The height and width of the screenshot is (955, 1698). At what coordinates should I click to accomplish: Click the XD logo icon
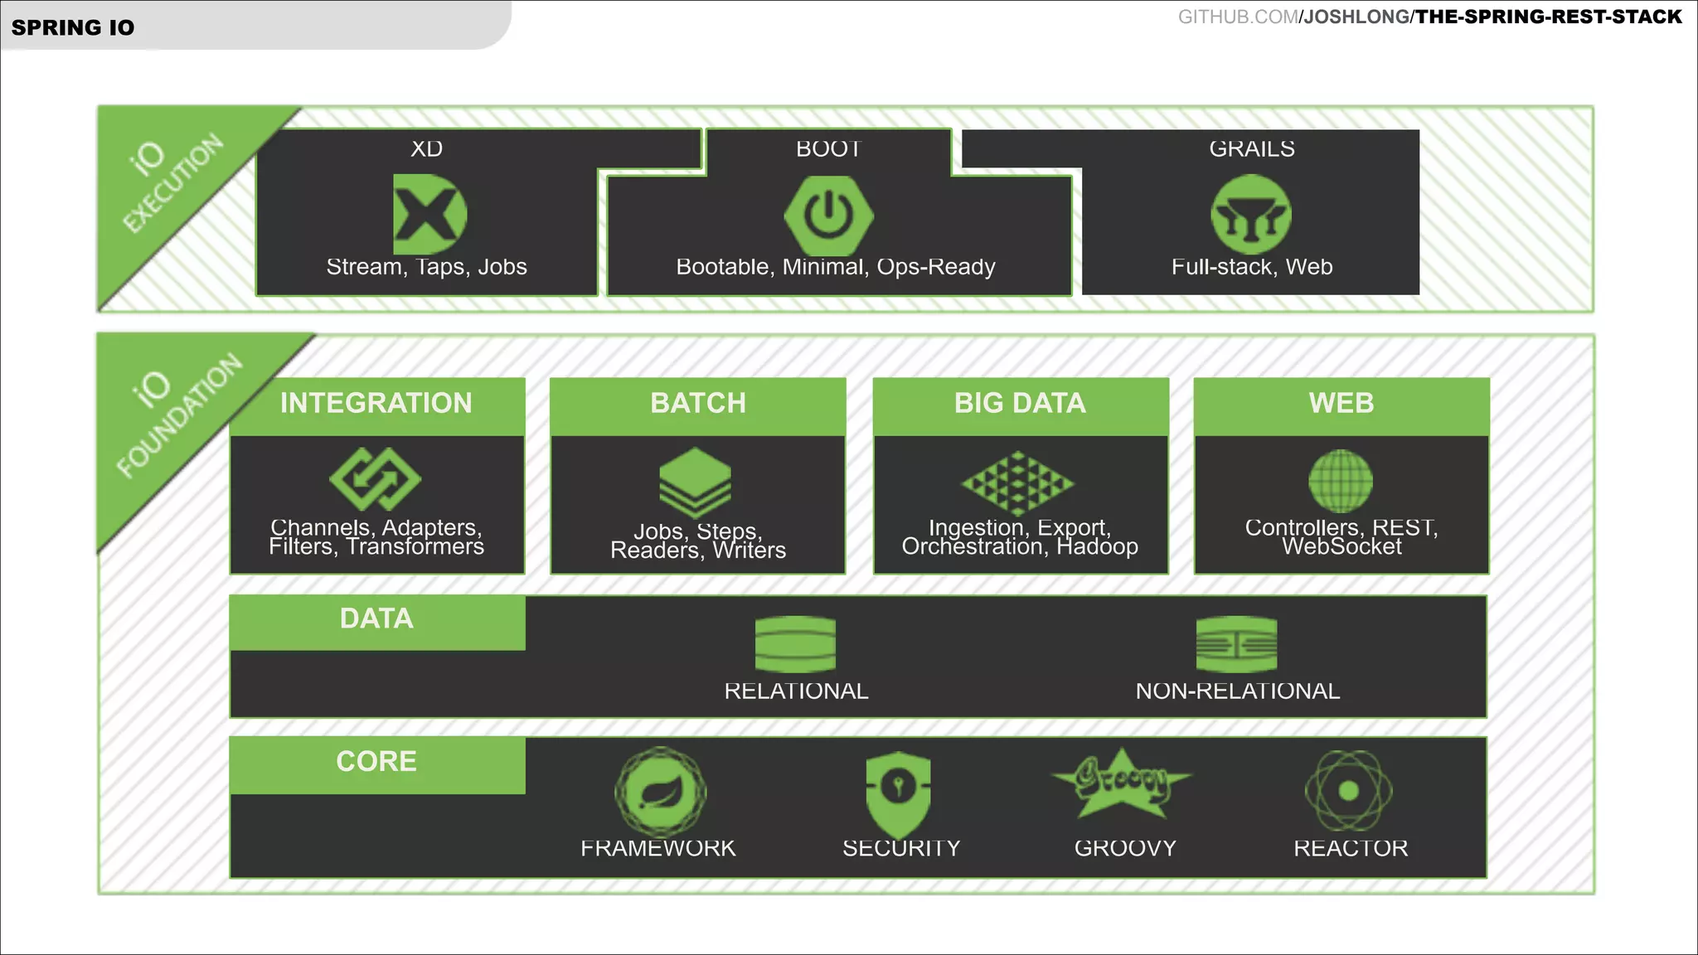pyautogui.click(x=429, y=214)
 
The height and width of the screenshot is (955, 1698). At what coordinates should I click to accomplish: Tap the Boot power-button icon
pyautogui.click(x=828, y=215)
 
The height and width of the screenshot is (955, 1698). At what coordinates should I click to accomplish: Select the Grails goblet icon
pyautogui.click(x=1251, y=215)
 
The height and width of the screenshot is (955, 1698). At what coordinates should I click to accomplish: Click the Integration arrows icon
pyautogui.click(x=376, y=479)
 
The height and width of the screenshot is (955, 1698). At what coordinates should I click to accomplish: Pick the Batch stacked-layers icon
pyautogui.click(x=696, y=482)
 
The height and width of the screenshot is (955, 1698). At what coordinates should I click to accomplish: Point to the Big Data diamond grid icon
pyautogui.click(x=1018, y=482)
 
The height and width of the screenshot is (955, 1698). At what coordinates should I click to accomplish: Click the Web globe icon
pyautogui.click(x=1341, y=481)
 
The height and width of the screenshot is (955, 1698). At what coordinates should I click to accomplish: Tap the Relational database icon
pyautogui.click(x=795, y=644)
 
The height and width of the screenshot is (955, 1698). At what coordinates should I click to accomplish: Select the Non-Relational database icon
pyautogui.click(x=1236, y=644)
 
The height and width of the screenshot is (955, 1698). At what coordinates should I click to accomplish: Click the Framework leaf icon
pyautogui.click(x=660, y=792)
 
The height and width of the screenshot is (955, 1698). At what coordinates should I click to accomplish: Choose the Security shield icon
pyautogui.click(x=898, y=793)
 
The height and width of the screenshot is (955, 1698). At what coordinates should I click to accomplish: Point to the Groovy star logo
pyautogui.click(x=1122, y=783)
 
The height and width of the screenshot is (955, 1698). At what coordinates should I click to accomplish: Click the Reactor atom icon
pyautogui.click(x=1349, y=791)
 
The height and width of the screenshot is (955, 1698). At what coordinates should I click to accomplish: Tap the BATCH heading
pyautogui.click(x=698, y=403)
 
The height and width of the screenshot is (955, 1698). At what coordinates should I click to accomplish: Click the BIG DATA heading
pyautogui.click(x=1020, y=403)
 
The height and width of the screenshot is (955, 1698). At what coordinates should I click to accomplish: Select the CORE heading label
pyautogui.click(x=376, y=762)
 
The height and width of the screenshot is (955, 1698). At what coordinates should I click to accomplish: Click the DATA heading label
pyautogui.click(x=376, y=618)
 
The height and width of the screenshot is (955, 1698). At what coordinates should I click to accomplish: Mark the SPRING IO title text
pyautogui.click(x=73, y=27)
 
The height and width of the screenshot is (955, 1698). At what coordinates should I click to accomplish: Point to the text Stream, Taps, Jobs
pyautogui.click(x=426, y=267)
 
